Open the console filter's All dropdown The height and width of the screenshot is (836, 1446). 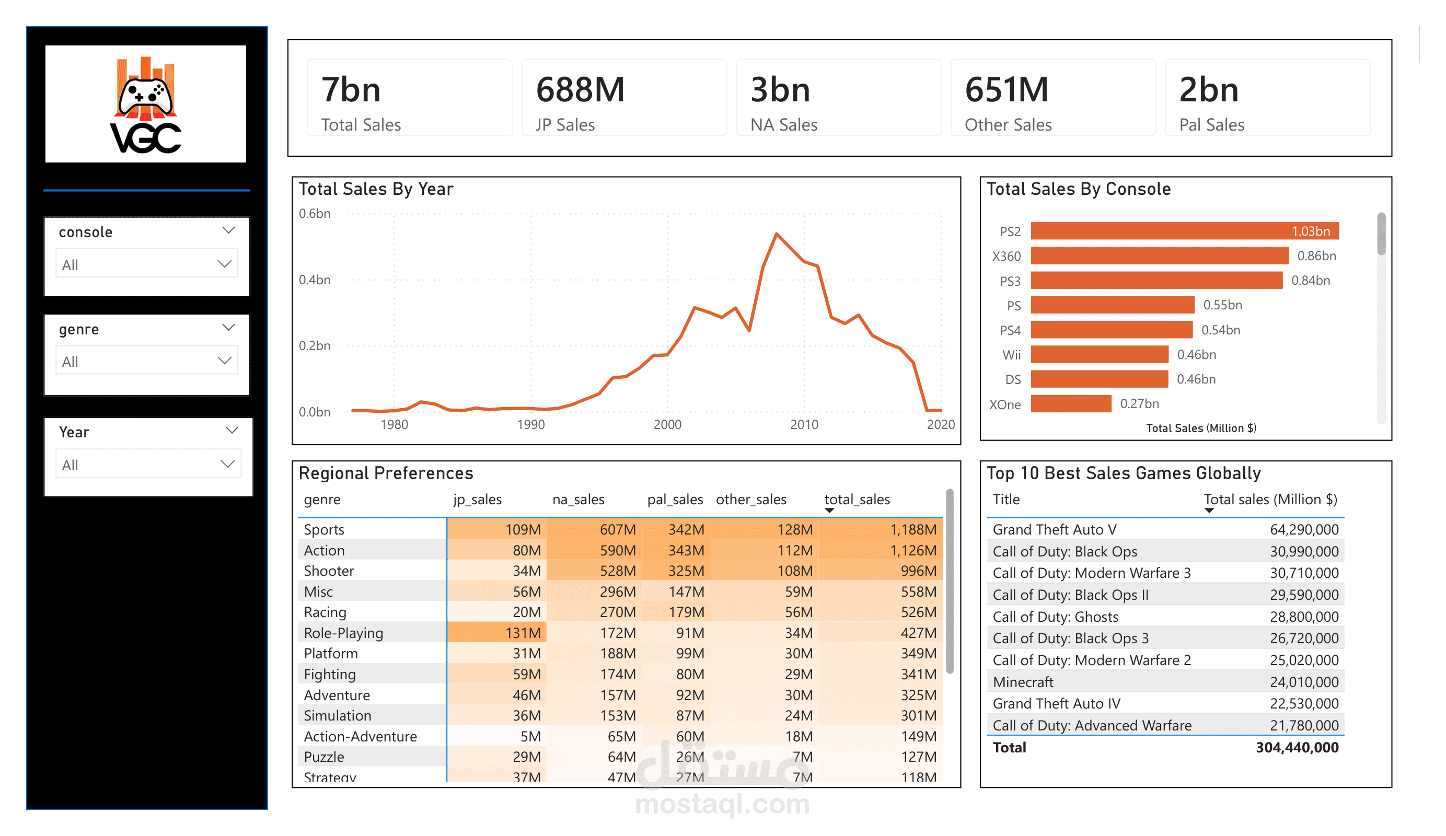click(x=147, y=264)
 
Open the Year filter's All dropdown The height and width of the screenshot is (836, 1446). click(x=148, y=465)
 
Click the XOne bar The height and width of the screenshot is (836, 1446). click(x=1071, y=404)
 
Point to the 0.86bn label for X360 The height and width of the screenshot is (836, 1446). click(x=1316, y=256)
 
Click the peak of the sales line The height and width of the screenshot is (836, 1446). click(x=777, y=234)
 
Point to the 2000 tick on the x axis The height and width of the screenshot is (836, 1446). click(x=667, y=425)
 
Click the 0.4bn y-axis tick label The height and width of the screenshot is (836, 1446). click(x=315, y=280)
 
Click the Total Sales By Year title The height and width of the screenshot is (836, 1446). click(x=376, y=189)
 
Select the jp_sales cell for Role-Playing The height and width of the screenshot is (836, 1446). click(x=497, y=633)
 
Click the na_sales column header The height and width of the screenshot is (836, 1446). click(x=578, y=500)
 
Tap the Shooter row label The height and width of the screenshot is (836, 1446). click(x=329, y=571)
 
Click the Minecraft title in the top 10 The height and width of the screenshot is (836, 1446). click(x=1023, y=682)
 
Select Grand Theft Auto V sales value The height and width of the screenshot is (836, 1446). click(x=1304, y=530)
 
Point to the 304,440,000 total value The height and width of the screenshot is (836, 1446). click(x=1297, y=748)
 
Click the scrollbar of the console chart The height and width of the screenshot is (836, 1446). click(x=1381, y=234)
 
